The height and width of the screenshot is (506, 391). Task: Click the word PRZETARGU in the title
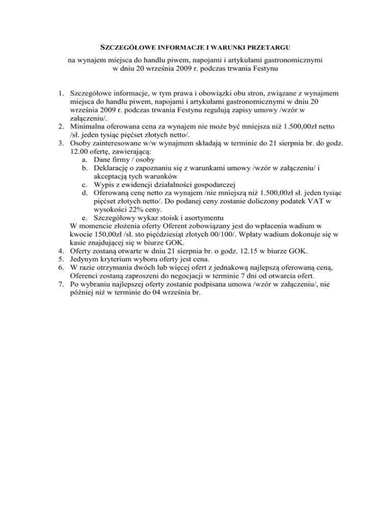[268, 48]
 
